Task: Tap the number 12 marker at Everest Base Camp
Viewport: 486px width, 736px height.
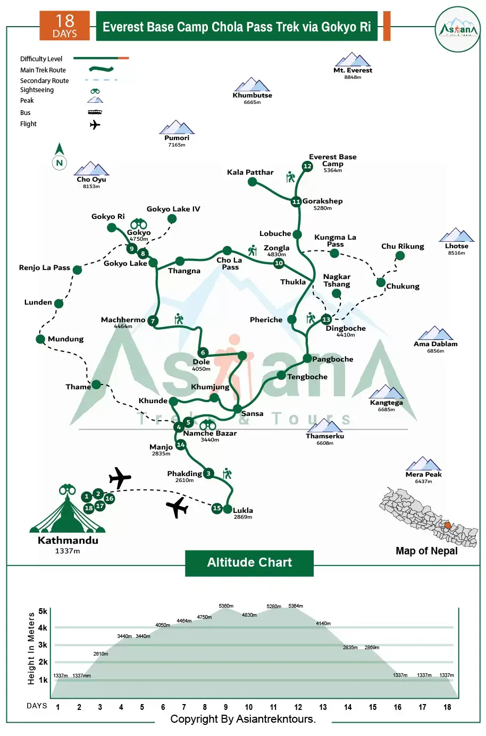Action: [307, 166]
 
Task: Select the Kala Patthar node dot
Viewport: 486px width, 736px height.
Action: [252, 182]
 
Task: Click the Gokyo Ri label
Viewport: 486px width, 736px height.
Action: [108, 216]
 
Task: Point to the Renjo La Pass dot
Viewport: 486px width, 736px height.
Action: [77, 270]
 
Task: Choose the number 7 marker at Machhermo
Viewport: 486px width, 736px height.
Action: [153, 321]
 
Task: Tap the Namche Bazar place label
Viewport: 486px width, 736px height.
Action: [210, 433]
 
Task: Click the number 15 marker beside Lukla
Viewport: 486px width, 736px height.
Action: [217, 508]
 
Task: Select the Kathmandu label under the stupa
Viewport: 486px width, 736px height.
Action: [68, 540]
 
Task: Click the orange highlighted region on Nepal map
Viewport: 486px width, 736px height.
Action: [448, 525]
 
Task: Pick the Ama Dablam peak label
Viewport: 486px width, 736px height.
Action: [435, 344]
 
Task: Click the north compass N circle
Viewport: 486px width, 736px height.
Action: [60, 162]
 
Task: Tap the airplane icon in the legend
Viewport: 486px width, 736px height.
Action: [95, 125]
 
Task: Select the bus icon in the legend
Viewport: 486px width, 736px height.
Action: [95, 112]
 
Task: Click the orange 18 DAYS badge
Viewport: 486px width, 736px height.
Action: [65, 26]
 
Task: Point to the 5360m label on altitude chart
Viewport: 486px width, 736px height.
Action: [226, 606]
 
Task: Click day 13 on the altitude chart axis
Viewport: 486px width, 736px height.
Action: [323, 707]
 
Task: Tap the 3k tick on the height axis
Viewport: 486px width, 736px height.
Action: [43, 644]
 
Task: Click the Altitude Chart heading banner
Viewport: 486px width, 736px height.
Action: [249, 563]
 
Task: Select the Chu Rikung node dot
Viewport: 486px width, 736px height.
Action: [400, 255]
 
